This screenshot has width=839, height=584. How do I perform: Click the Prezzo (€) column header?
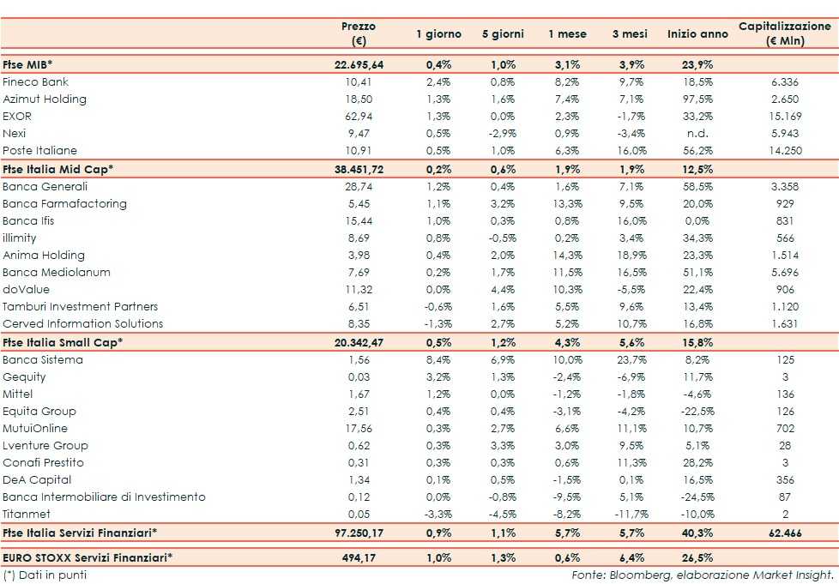click(359, 33)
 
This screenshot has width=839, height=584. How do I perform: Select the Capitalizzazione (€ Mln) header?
click(785, 33)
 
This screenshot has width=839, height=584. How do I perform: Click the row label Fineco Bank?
click(36, 82)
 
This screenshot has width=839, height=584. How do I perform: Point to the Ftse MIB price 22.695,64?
click(359, 65)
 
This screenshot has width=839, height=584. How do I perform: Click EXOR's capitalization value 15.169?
click(785, 117)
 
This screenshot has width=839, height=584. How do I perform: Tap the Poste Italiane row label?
click(39, 151)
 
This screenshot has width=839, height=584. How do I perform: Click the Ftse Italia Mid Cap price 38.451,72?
click(359, 169)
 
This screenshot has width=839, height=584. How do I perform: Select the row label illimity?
click(20, 238)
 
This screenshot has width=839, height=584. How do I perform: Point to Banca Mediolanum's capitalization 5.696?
click(785, 272)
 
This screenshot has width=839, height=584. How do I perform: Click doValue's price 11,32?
click(359, 289)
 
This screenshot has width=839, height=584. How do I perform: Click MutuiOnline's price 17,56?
click(359, 429)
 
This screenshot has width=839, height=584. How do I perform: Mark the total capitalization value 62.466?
click(785, 533)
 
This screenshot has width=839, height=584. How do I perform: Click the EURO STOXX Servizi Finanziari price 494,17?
click(359, 558)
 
